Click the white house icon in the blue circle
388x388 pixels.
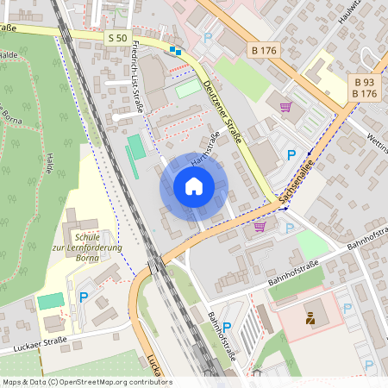point(194,186)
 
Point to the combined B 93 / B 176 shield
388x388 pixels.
point(365,87)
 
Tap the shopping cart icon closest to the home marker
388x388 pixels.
point(260,227)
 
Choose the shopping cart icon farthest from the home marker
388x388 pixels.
point(285,107)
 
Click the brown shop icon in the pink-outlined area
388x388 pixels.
point(310,319)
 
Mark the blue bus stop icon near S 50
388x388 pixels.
point(175,51)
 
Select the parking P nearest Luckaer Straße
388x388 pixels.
point(84,297)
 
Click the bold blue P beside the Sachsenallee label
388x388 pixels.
point(291,156)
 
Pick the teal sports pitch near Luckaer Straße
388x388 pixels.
point(51,301)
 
